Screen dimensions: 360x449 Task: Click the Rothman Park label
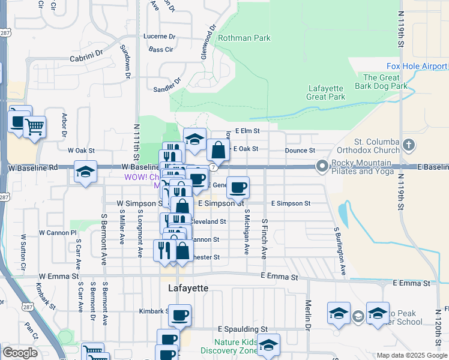pos(244,38)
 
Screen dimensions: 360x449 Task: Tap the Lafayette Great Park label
pos(325,92)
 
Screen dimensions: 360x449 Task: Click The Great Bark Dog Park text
pos(385,82)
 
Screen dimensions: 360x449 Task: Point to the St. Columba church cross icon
pos(409,145)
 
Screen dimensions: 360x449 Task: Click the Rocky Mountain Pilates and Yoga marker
pos(322,166)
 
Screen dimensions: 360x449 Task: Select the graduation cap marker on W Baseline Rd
pos(85,172)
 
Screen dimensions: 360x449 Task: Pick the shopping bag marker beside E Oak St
pos(218,149)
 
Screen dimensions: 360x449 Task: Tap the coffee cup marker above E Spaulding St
pos(179,315)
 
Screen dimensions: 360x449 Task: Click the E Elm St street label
pos(247,130)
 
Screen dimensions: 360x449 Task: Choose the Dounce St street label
pos(300,151)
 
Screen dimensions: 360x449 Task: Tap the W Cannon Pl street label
pos(58,232)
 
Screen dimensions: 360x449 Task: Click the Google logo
pos(20,353)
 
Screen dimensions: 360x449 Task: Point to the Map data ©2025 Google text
pos(411,355)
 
